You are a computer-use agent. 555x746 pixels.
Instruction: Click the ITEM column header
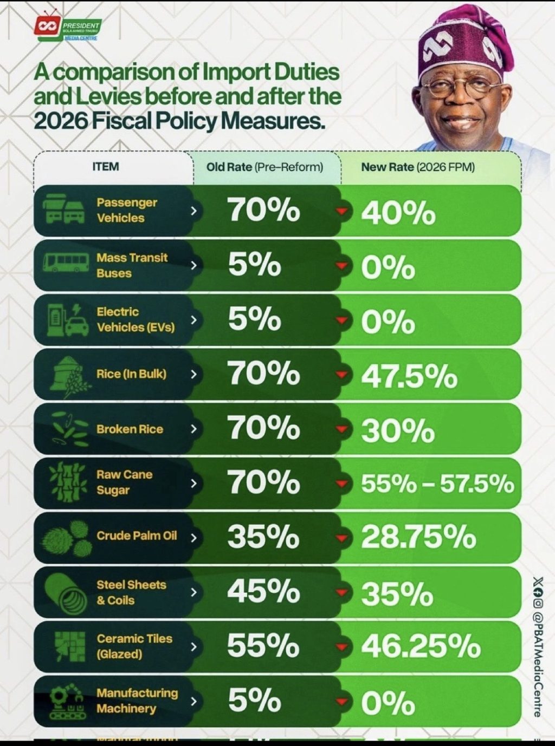[x=106, y=166]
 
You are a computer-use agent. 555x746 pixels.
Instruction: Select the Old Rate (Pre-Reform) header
[x=264, y=167]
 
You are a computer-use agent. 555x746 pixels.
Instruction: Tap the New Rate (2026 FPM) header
[x=418, y=167]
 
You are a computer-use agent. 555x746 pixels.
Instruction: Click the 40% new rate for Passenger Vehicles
[x=398, y=213]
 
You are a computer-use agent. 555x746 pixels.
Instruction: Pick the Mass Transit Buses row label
[x=132, y=265]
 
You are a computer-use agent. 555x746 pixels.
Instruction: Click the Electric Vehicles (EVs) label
[x=135, y=319]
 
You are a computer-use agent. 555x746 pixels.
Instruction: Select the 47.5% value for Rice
[x=409, y=376]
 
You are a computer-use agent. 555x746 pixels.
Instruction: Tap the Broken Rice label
[x=130, y=429]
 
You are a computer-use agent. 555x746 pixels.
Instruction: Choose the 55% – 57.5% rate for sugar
[x=437, y=484]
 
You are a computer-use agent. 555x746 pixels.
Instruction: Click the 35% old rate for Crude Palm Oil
[x=263, y=536]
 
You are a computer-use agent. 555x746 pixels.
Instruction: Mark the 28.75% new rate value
[x=418, y=538]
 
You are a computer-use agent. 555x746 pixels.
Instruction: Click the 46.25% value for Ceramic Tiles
[x=421, y=646]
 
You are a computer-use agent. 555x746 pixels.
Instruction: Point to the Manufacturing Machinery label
[x=137, y=701]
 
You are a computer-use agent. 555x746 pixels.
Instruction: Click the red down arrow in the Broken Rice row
[x=341, y=429]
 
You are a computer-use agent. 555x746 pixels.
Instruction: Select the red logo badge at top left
[x=47, y=27]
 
